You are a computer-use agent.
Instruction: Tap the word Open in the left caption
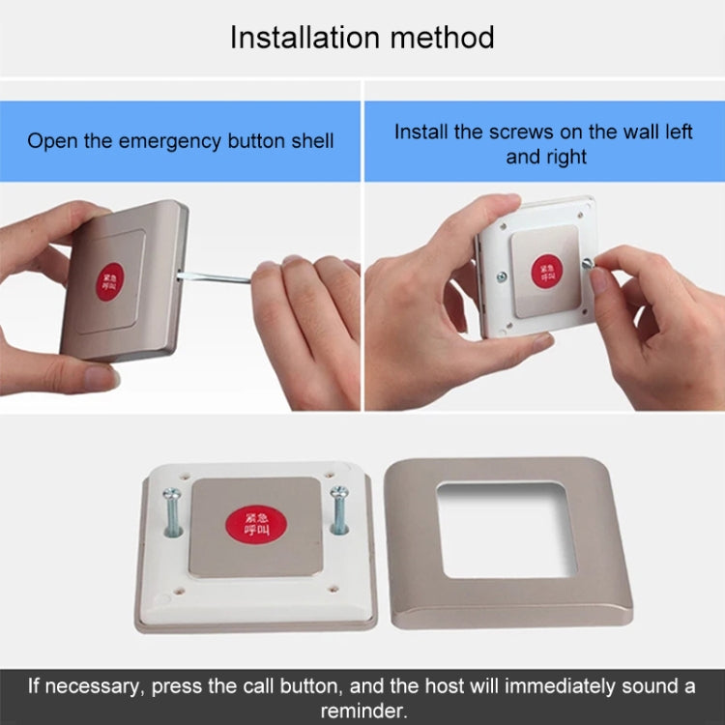pyautogui.click(x=51, y=141)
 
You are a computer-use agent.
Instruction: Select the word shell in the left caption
pyautogui.click(x=312, y=141)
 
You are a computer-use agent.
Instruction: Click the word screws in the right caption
pyautogui.click(x=519, y=132)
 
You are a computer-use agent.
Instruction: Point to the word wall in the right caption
pyautogui.click(x=615, y=132)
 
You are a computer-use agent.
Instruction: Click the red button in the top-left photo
pyautogui.click(x=111, y=281)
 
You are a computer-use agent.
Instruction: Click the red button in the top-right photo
pyautogui.click(x=547, y=270)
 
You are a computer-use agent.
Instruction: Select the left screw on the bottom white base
pyautogui.click(x=172, y=512)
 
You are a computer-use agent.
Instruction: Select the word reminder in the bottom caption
pyautogui.click(x=362, y=710)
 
